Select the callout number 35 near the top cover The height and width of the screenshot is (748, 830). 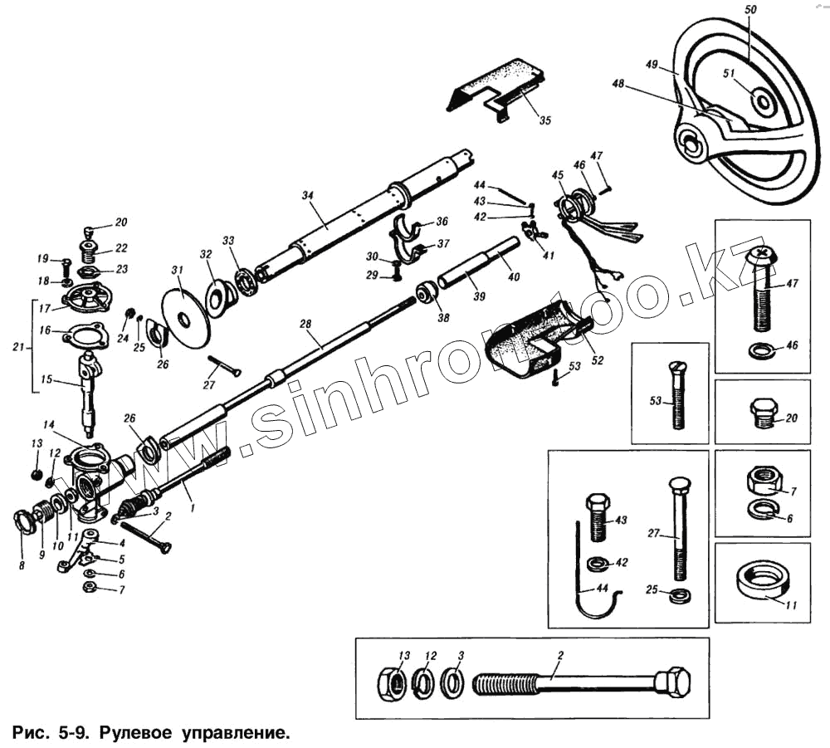point(544,120)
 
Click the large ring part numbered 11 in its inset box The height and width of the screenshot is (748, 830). point(763,581)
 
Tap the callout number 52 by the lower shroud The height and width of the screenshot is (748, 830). point(598,359)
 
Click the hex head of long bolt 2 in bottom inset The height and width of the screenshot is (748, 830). point(672,682)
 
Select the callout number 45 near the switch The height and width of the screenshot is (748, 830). point(558,175)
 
